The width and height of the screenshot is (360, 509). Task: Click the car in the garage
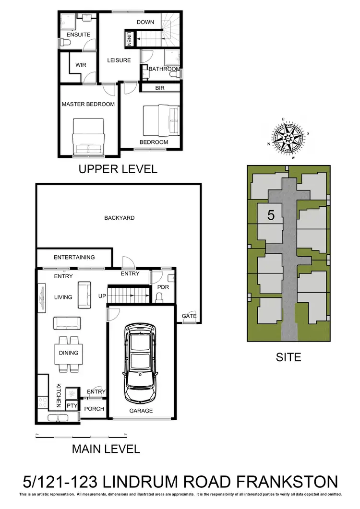coord(139,363)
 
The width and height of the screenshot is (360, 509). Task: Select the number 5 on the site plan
coord(271,215)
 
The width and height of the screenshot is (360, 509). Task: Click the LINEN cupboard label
coord(129,38)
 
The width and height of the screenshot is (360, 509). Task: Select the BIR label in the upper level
coord(160,88)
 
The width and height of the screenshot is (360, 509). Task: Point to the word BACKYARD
coord(120,218)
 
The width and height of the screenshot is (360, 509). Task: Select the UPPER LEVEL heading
coord(118,169)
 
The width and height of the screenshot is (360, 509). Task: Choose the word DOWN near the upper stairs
coord(145,22)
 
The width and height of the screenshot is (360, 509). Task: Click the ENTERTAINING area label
coord(74,257)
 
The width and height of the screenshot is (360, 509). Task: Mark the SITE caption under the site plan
coord(288,357)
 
